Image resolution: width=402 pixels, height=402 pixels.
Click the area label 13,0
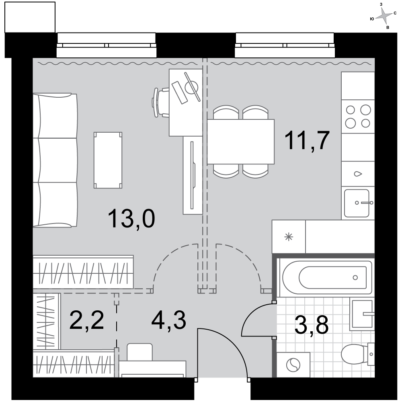pos(131,218)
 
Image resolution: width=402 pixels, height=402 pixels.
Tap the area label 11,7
pos(307,140)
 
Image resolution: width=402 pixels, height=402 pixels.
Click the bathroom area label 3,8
pos(312,325)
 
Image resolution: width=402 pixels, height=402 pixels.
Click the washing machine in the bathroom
pos(293,365)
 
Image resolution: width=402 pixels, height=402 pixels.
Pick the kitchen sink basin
pos(357,203)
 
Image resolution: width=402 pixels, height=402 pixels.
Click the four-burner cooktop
pos(358,117)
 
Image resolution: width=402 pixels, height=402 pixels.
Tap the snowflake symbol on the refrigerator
pos(289,237)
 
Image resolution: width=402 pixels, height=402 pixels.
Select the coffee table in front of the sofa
pos(108,160)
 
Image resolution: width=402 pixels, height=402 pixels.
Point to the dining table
pos(240,142)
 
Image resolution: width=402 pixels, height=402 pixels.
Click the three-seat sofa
pos(55,160)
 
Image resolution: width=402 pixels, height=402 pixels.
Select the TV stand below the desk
pos(193,175)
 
